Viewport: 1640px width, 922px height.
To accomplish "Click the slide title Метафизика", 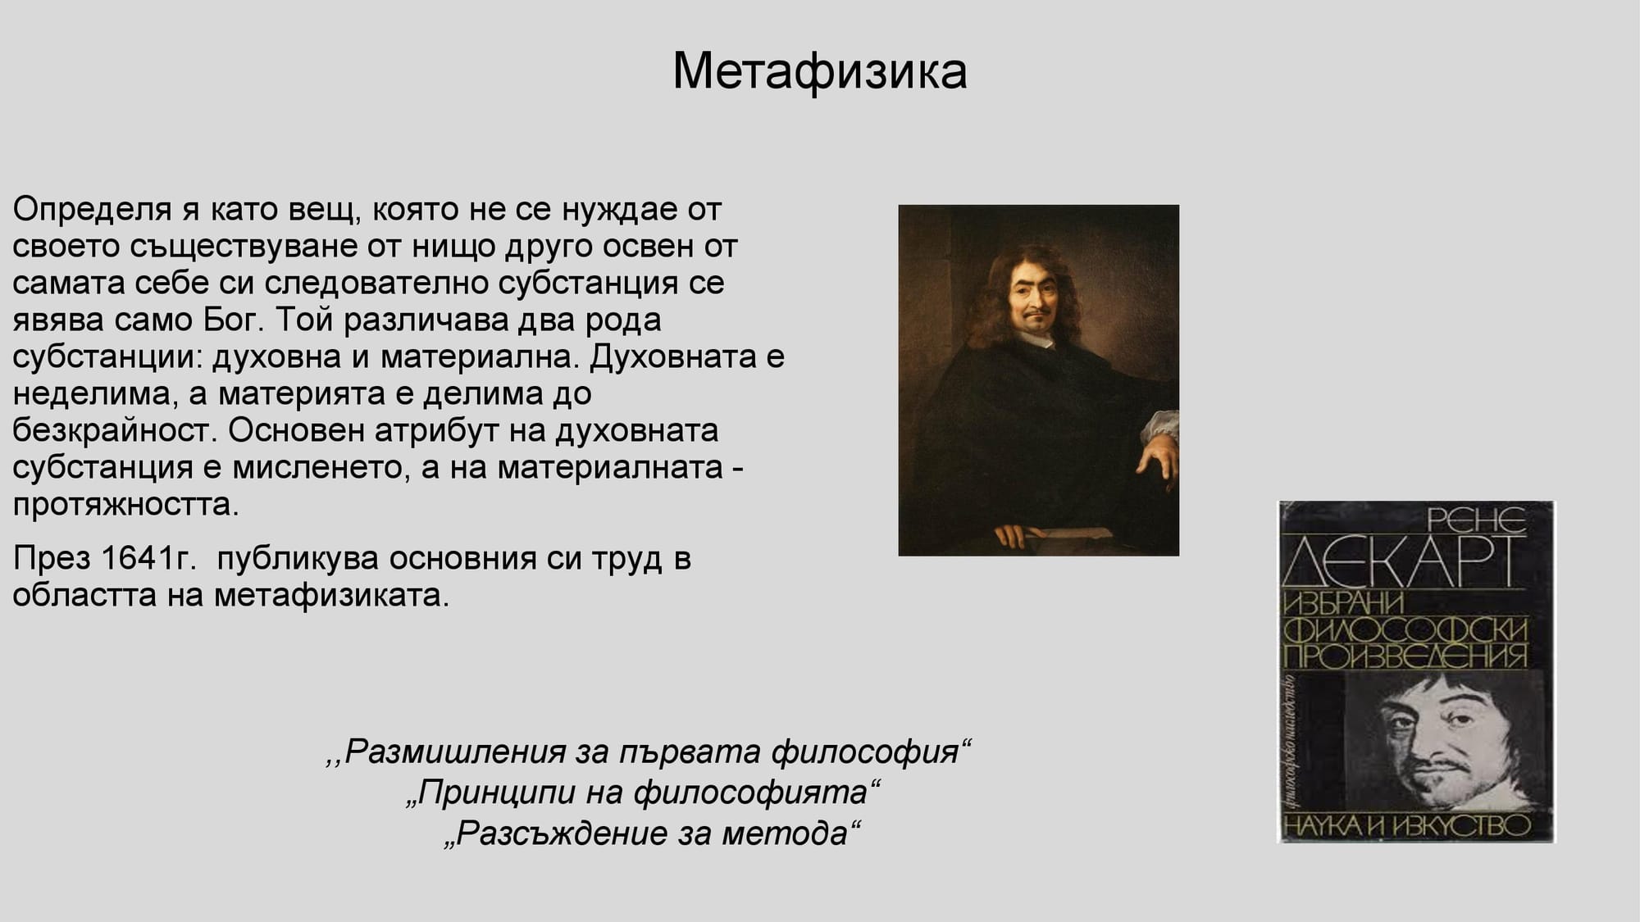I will [819, 71].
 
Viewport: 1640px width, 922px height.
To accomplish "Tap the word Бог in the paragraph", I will [231, 320].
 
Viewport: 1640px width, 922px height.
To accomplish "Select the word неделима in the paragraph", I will [91, 394].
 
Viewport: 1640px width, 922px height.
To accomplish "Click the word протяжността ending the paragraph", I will [125, 505].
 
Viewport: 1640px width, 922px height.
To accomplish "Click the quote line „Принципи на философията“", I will [644, 793].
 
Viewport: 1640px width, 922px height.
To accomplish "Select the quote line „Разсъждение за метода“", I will [653, 833].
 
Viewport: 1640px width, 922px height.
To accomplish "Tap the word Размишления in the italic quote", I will [455, 752].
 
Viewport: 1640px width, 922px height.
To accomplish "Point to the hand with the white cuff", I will [1158, 455].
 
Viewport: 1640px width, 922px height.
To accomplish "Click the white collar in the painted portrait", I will [1037, 338].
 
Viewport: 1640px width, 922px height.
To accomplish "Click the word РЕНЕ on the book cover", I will [1477, 519].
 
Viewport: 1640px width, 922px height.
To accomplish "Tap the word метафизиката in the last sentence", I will [331, 596].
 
